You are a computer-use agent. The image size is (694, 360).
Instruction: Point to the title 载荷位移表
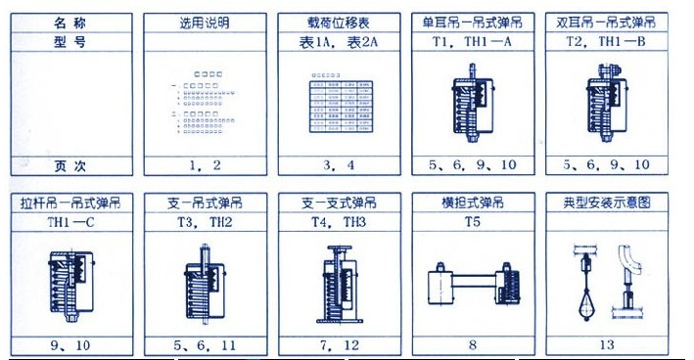(340, 22)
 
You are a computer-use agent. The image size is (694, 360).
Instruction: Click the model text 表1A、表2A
(340, 43)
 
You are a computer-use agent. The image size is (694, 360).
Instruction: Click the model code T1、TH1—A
(474, 43)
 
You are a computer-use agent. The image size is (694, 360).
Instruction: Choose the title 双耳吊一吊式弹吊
(608, 22)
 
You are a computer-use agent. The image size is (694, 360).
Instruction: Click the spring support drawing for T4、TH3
(340, 284)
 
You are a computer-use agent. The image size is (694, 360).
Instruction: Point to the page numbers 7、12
(340, 344)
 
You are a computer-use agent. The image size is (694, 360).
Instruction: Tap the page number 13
(608, 344)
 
